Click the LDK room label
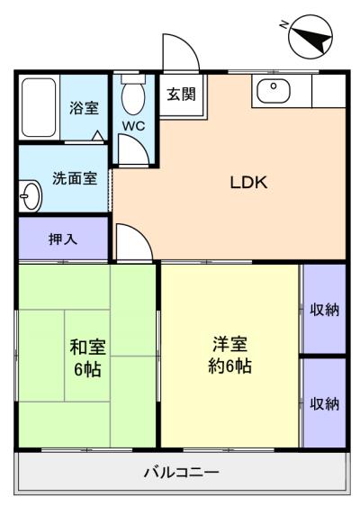coord(248,183)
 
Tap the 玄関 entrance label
coord(181,95)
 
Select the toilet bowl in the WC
coord(133,97)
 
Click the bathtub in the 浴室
coord(39,107)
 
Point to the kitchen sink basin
coord(274,91)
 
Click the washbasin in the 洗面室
coord(31,195)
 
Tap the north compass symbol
coord(310,37)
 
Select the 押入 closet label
coord(63,239)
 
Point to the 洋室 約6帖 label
coord(229,355)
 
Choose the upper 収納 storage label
coord(325,310)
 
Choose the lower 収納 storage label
coord(325,403)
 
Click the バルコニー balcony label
coord(181,473)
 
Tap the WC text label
coord(133,126)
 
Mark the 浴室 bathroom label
coord(84,108)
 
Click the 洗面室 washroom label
coord(75,178)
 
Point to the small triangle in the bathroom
coord(98,136)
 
